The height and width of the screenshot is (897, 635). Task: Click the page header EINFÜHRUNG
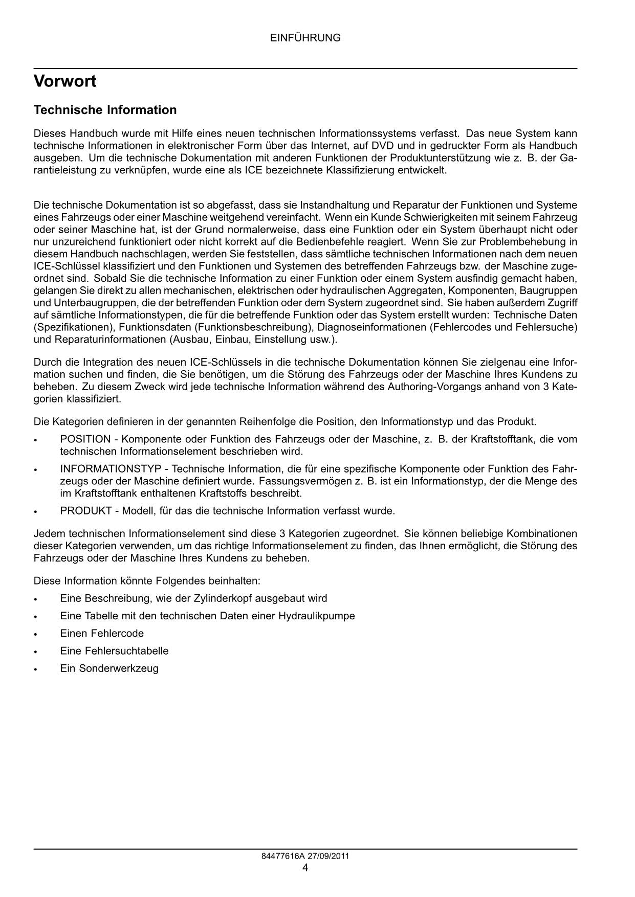(305, 38)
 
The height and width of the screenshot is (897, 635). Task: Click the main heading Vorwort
(65, 81)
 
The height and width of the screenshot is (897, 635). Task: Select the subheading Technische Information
(105, 110)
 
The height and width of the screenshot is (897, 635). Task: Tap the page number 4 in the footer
(305, 867)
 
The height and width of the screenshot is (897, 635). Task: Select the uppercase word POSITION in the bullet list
(85, 439)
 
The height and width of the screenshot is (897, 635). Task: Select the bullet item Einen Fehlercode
(102, 633)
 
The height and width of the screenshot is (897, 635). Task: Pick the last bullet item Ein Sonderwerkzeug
(109, 668)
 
